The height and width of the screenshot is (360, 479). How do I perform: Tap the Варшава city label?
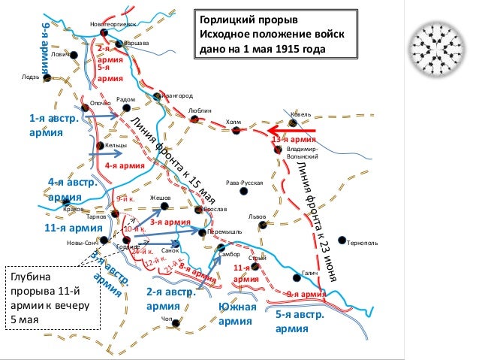(x=137, y=43)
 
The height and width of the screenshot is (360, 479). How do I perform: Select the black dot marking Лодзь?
(x=47, y=77)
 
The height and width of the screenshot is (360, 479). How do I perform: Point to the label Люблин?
(x=200, y=110)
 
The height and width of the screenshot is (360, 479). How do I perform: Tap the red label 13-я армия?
(x=294, y=140)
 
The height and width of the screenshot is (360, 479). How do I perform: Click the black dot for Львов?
(x=261, y=225)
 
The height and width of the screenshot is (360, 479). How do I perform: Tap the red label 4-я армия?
(x=124, y=166)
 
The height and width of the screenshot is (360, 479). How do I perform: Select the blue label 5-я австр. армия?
(x=300, y=321)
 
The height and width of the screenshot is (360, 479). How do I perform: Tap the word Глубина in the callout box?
(x=29, y=278)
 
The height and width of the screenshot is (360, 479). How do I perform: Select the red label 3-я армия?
(x=169, y=222)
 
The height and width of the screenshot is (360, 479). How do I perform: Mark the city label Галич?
(x=310, y=273)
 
